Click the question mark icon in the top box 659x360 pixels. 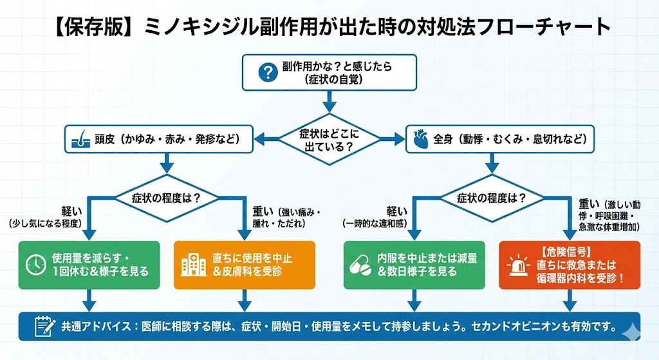coord(266,72)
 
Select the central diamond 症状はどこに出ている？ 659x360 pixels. coord(329,139)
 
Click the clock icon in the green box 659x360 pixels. coord(35,265)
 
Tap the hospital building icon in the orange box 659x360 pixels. coord(191,265)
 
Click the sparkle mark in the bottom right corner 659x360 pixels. coord(631,328)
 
